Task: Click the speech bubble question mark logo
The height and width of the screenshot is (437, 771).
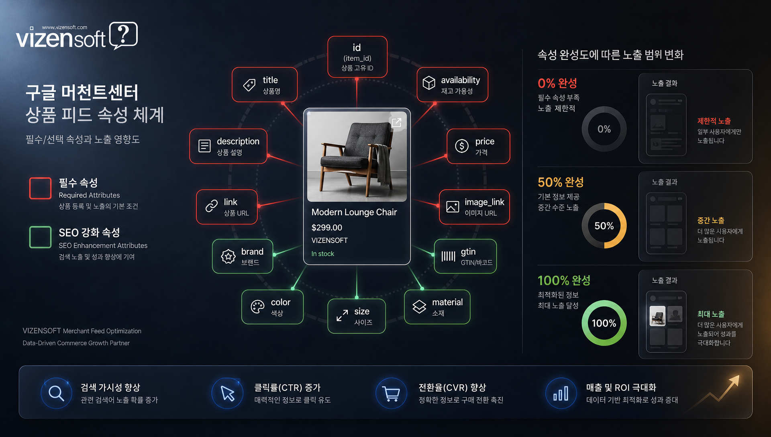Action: click(x=123, y=35)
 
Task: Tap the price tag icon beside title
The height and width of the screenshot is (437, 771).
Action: click(x=249, y=85)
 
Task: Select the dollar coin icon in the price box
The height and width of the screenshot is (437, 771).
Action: click(x=462, y=146)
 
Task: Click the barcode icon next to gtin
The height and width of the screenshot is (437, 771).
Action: click(x=449, y=256)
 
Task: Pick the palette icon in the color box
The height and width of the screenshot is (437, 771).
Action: click(x=257, y=307)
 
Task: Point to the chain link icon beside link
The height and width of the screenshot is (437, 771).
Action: click(x=212, y=206)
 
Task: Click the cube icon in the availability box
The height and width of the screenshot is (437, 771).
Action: click(x=429, y=83)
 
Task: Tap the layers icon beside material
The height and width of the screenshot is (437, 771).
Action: click(x=419, y=306)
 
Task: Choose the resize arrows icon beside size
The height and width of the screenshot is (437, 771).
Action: click(x=342, y=316)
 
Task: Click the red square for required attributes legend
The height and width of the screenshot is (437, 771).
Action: click(x=40, y=188)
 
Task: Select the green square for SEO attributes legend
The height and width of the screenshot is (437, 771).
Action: click(x=40, y=237)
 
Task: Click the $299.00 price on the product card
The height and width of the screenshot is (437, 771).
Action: click(x=327, y=228)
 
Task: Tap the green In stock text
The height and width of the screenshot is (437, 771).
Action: click(x=323, y=254)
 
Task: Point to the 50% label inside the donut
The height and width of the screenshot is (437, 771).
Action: click(x=604, y=226)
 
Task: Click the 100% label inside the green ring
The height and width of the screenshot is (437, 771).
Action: click(x=604, y=323)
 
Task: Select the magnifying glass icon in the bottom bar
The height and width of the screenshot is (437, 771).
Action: click(x=56, y=394)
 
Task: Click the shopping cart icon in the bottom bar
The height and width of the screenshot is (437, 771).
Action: click(x=391, y=394)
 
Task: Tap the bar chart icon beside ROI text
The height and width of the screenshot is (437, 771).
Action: click(x=561, y=394)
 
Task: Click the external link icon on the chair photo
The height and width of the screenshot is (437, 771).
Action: click(x=396, y=123)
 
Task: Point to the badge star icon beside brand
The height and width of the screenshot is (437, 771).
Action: click(x=228, y=256)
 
